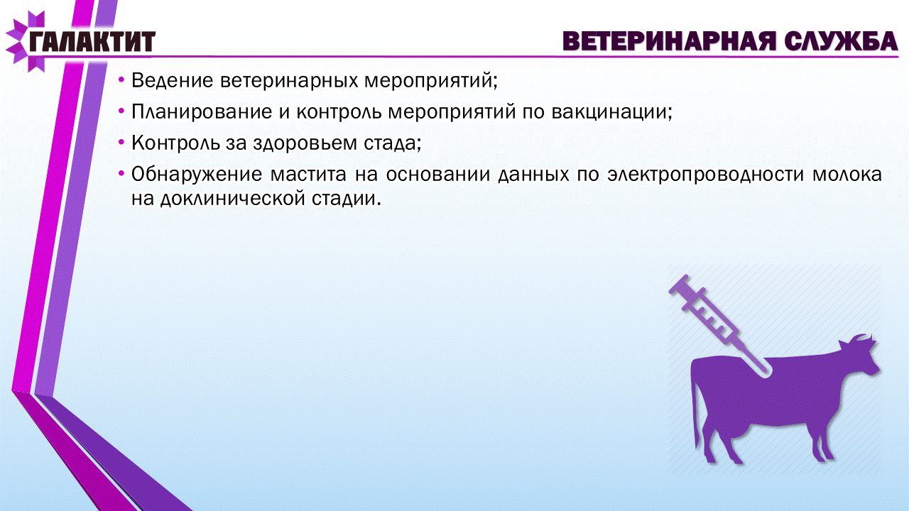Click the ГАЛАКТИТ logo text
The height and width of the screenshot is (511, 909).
(92, 41)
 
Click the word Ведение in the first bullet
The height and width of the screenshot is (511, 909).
(172, 80)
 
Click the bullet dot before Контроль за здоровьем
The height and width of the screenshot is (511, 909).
(121, 143)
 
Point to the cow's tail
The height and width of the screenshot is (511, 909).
(697, 410)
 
